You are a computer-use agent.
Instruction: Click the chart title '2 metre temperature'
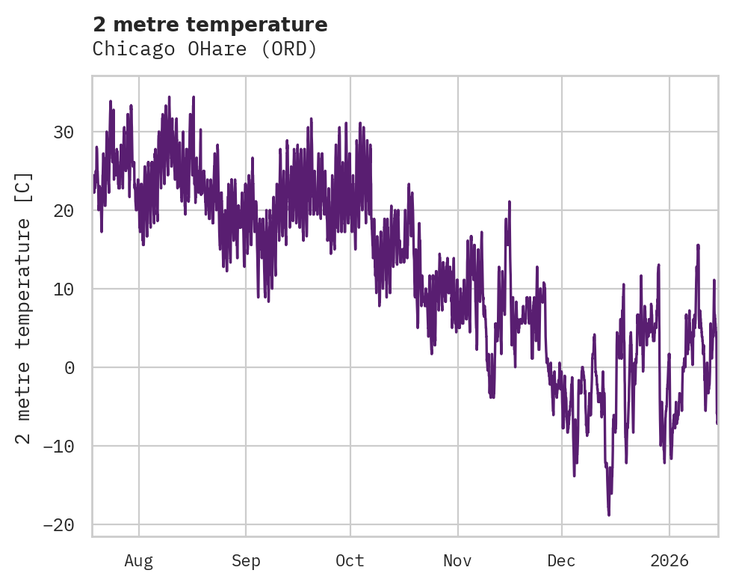[x=210, y=25]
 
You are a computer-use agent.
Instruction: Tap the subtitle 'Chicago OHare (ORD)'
[x=205, y=49]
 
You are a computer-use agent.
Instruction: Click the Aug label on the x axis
[x=139, y=561]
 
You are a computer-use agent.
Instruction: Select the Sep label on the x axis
[x=245, y=561]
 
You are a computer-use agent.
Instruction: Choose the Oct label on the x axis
[x=350, y=561]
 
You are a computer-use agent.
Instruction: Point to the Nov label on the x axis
[x=458, y=561]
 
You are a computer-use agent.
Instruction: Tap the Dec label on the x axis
[x=561, y=561]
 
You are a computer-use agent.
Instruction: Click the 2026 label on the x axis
[x=669, y=561]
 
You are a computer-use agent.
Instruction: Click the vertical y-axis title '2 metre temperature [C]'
[x=24, y=307]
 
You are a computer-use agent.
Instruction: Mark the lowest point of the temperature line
[x=609, y=515]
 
